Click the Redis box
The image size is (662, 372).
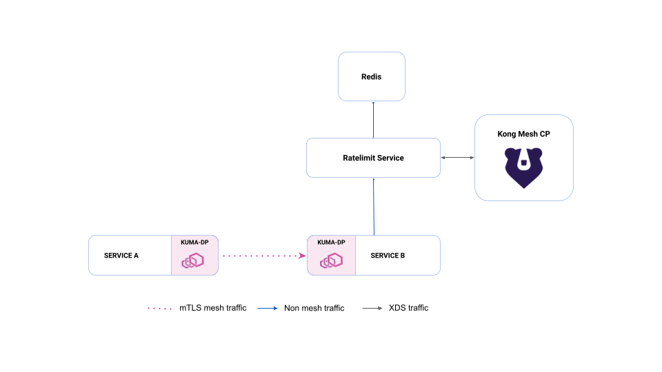[x=372, y=76]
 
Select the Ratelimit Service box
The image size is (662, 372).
[x=373, y=158]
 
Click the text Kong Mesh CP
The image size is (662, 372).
[x=523, y=134]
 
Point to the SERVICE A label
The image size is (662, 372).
[x=121, y=256]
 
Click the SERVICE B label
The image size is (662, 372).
[x=388, y=256]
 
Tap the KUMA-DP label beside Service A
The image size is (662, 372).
[x=194, y=242]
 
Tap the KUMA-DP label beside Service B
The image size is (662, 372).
[x=332, y=242]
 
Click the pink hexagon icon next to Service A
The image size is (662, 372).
[x=193, y=260]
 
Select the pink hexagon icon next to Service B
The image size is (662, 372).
[x=331, y=260]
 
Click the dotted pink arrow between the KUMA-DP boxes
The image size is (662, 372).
[x=264, y=256]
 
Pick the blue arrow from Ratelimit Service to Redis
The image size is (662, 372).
[x=373, y=120]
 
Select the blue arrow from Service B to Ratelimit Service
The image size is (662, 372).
[x=374, y=207]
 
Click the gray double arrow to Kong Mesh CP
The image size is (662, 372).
[x=458, y=158]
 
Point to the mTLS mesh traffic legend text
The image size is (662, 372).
[x=213, y=308]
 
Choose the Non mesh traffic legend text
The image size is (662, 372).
[x=314, y=309]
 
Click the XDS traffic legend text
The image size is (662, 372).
[x=409, y=308]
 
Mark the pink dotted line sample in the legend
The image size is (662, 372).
[x=159, y=309]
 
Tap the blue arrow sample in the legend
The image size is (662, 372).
[x=268, y=309]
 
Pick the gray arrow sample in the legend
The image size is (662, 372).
[x=372, y=309]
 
